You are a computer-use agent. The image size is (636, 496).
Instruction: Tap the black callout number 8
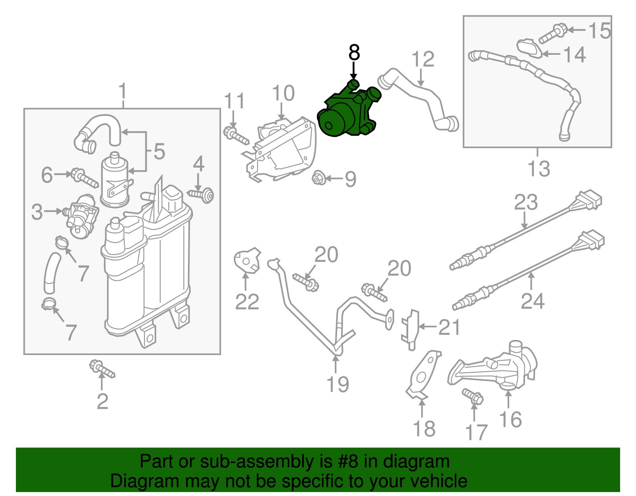pos(354,52)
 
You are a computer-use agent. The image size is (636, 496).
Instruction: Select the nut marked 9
pos(318,178)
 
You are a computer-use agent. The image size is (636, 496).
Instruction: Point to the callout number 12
pos(423,60)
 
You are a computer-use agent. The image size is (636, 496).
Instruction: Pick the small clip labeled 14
pos(529,48)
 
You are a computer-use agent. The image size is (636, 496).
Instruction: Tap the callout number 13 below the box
pos(539,168)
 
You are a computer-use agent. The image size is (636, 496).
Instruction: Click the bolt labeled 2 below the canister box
pos(102,369)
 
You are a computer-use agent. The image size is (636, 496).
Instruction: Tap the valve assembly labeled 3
pos(81,216)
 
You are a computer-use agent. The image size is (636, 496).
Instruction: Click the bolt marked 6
pos(84,178)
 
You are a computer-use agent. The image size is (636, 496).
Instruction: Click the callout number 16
pos(510,420)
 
